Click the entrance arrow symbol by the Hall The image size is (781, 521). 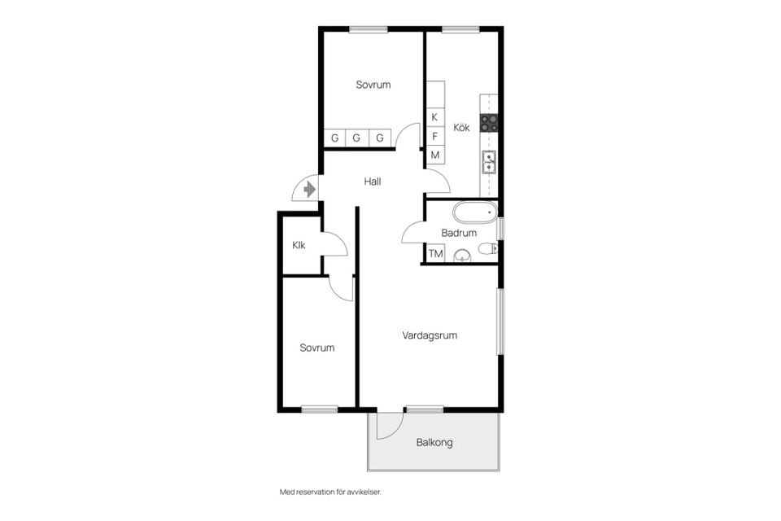point(309,190)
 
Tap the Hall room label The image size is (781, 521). point(373,182)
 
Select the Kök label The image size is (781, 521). point(462,128)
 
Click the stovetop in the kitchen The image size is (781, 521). point(488,123)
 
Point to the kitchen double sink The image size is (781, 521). point(489,162)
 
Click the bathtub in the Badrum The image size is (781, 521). point(475,212)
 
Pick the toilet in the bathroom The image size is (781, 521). point(487,247)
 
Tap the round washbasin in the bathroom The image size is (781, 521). point(462,256)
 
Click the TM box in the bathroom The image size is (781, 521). point(436,253)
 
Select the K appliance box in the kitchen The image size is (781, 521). point(434,117)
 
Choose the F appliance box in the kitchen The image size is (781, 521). point(434,136)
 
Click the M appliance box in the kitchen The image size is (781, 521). point(434,155)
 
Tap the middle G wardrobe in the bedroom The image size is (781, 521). point(356,138)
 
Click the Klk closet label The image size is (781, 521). point(299,245)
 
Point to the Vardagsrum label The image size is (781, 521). point(430,335)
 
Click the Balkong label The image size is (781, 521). point(434,442)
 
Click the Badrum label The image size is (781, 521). point(459,233)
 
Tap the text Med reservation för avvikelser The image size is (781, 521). point(330,492)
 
